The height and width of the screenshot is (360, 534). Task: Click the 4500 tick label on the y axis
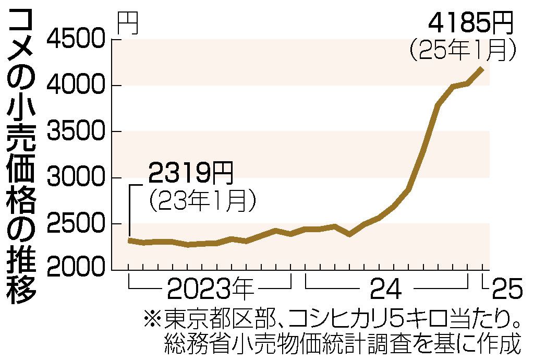point(78,39)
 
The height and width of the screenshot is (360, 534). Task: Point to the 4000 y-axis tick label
point(78,85)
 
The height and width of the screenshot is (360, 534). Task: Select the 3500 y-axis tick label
point(78,131)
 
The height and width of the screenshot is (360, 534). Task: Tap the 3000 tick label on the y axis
point(78,177)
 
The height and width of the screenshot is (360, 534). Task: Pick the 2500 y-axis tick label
point(78,223)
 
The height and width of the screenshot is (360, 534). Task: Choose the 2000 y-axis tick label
point(78,269)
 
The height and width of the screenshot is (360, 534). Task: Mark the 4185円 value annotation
point(470,23)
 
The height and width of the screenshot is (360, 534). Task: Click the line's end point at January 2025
point(481,69)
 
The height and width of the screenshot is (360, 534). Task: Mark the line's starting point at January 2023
point(129,240)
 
